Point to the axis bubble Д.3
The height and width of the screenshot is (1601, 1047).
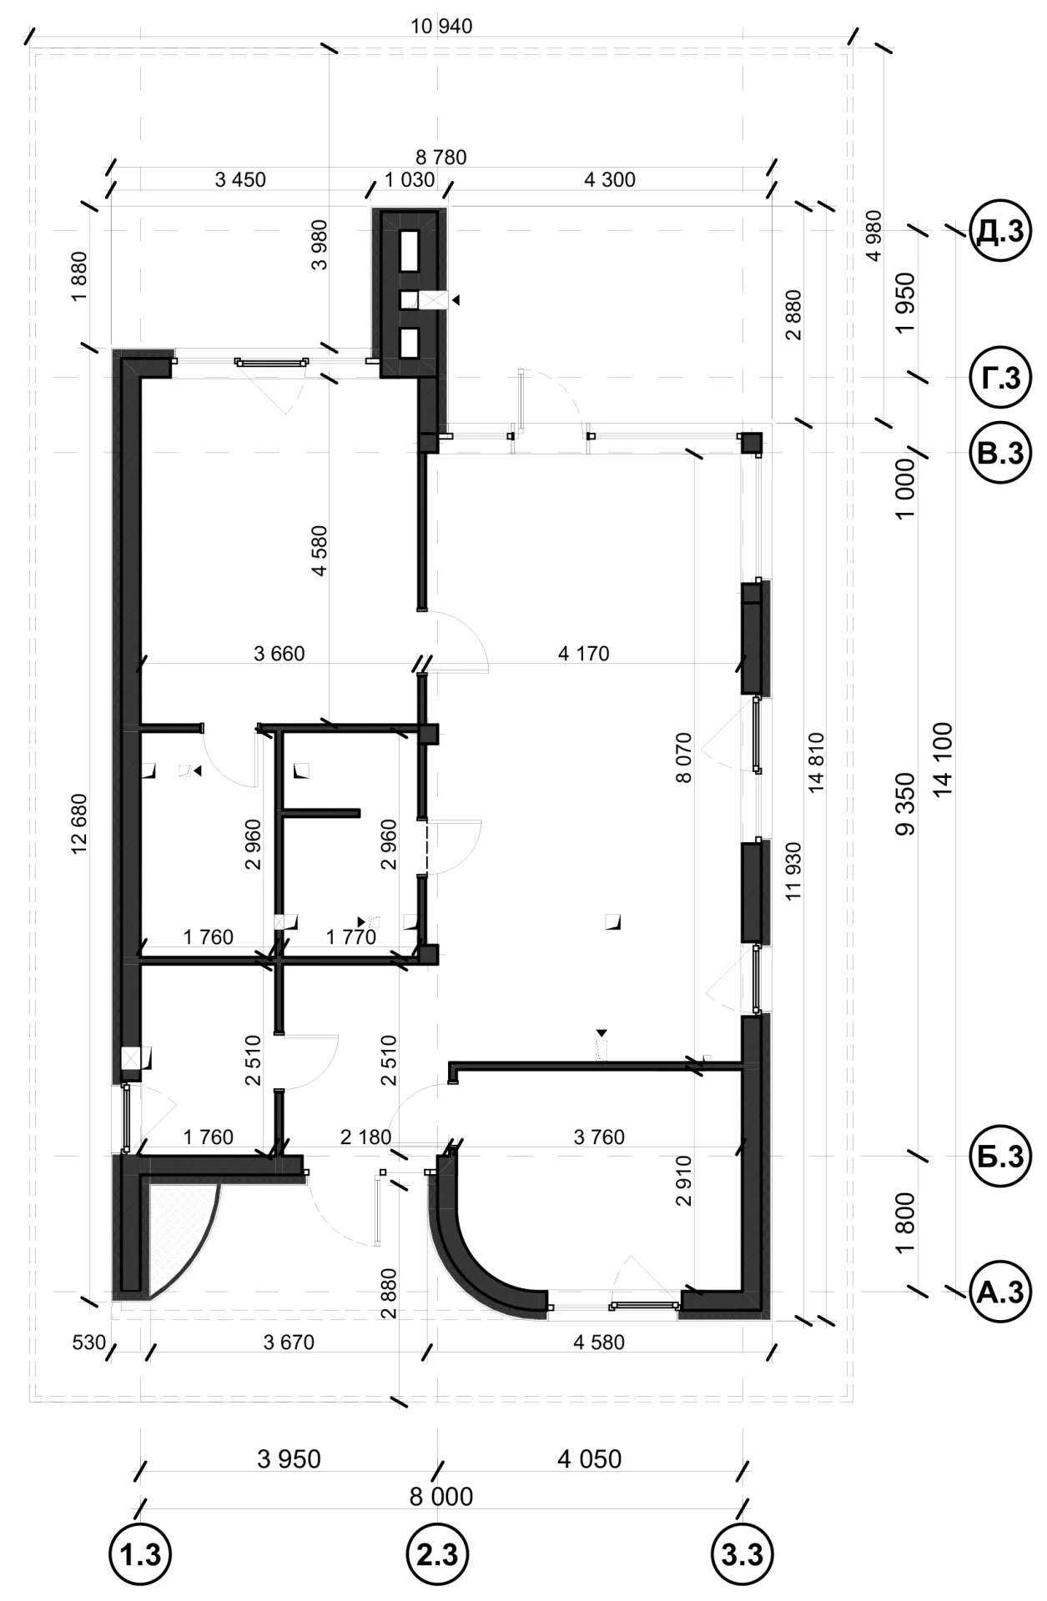[x=999, y=231]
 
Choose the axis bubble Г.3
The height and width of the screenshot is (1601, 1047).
[x=999, y=378]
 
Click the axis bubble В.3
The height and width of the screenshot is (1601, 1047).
[x=999, y=453]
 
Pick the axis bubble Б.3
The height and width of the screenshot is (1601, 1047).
[x=999, y=1157]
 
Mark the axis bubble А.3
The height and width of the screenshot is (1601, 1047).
[x=999, y=1292]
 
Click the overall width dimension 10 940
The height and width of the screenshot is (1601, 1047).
[x=441, y=27]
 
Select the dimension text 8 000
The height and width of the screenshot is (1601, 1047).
[x=441, y=1496]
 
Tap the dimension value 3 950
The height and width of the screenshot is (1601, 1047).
[x=289, y=1458]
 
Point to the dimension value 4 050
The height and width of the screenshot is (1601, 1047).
[x=590, y=1458]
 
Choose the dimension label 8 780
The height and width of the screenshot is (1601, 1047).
[x=441, y=157]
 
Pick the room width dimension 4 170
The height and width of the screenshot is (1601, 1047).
[x=584, y=654]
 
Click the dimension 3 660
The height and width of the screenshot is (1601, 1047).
[x=279, y=654]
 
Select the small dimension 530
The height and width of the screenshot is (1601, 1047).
[x=90, y=1343]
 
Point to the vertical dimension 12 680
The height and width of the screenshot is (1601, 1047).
[x=79, y=823]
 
